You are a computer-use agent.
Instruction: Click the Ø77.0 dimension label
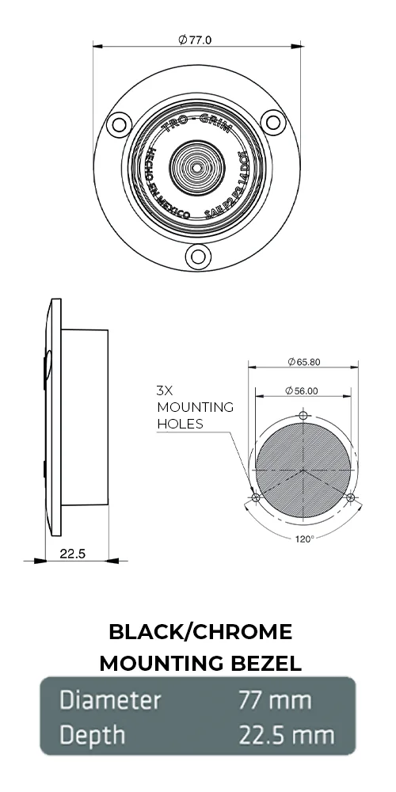pyautogui.click(x=196, y=40)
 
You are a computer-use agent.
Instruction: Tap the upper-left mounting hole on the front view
pyautogui.click(x=120, y=123)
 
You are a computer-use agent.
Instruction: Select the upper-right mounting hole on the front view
pyautogui.click(x=272, y=121)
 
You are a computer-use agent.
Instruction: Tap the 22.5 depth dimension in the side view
pyautogui.click(x=72, y=554)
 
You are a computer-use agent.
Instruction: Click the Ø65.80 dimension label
pyautogui.click(x=304, y=362)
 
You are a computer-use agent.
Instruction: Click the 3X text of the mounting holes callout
pyautogui.click(x=166, y=390)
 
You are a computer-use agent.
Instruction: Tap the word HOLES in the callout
pyautogui.click(x=180, y=423)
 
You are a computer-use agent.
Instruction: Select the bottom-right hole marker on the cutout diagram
pyautogui.click(x=352, y=497)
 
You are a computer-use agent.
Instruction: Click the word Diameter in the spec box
pyautogui.click(x=111, y=701)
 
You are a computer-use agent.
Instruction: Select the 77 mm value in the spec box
pyautogui.click(x=275, y=701)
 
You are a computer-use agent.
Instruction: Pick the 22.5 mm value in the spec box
pyautogui.click(x=287, y=735)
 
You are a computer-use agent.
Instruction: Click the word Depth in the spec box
pyautogui.click(x=93, y=736)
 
